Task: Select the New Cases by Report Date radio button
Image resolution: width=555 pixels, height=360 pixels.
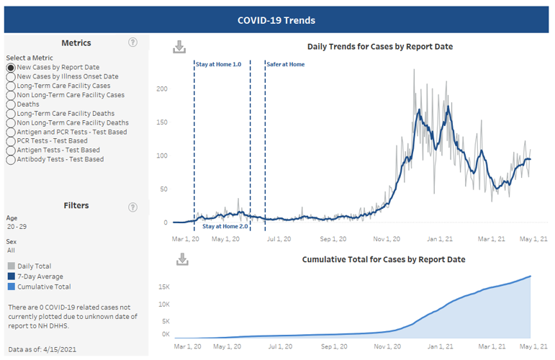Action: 11,67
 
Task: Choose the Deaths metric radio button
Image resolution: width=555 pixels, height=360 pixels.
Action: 11,104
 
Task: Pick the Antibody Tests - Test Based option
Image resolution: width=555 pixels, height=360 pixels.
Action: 11,160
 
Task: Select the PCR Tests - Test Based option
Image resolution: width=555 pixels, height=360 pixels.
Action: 11,141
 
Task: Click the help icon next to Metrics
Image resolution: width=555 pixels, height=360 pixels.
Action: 132,42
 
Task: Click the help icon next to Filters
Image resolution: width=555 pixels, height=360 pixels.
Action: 132,207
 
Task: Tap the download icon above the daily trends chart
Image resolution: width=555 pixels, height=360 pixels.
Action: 179,47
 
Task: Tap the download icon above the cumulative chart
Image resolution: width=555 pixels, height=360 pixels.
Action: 182,259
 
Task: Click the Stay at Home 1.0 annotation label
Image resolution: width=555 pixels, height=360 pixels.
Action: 218,64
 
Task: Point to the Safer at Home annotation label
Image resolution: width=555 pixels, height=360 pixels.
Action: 286,64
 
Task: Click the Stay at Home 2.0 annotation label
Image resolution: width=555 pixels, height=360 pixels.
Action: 225,226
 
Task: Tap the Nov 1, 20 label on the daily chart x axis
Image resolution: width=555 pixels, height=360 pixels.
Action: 387,239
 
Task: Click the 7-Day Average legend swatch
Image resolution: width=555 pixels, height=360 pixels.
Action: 11,276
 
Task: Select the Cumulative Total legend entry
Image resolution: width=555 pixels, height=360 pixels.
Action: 40,286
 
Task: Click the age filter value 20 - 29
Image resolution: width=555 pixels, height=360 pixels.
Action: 17,226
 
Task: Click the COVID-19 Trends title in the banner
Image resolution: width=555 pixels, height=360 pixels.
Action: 276,20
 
